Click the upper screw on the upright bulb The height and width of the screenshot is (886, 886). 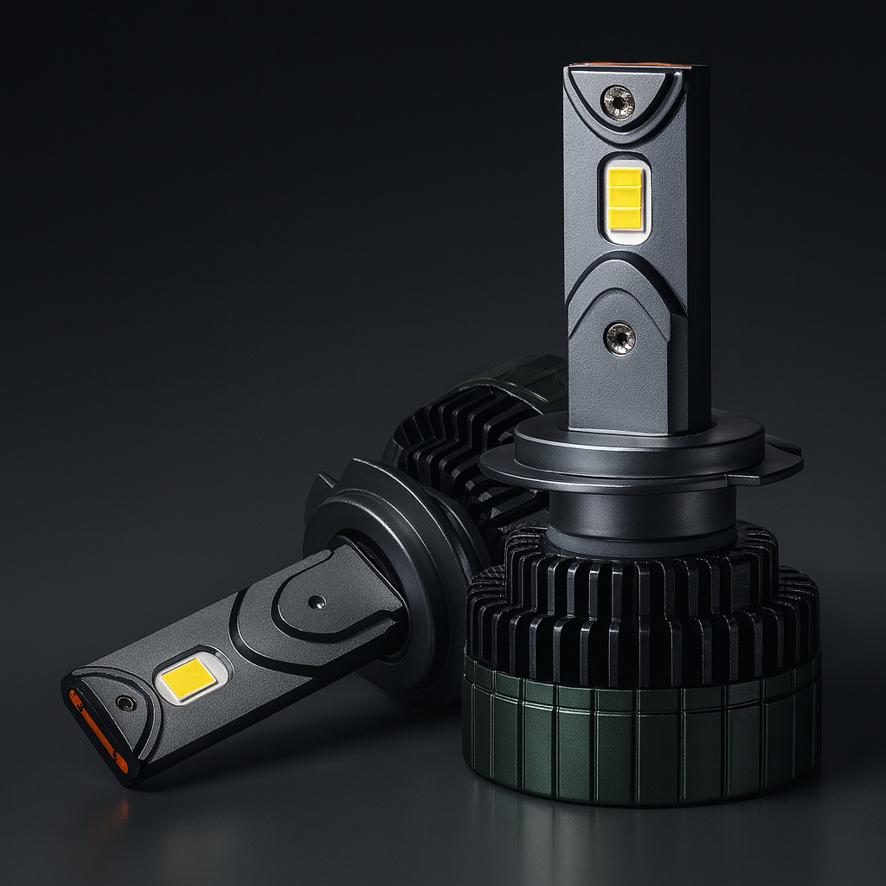click(618, 103)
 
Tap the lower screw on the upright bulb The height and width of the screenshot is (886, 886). click(620, 337)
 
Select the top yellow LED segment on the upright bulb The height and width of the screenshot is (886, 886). click(625, 177)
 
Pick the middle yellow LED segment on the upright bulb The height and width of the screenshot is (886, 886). click(625, 198)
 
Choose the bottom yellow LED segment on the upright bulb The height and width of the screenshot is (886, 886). click(625, 221)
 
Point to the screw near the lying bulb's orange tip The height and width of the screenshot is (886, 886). click(126, 702)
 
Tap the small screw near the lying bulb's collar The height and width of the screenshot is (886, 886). click(317, 600)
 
